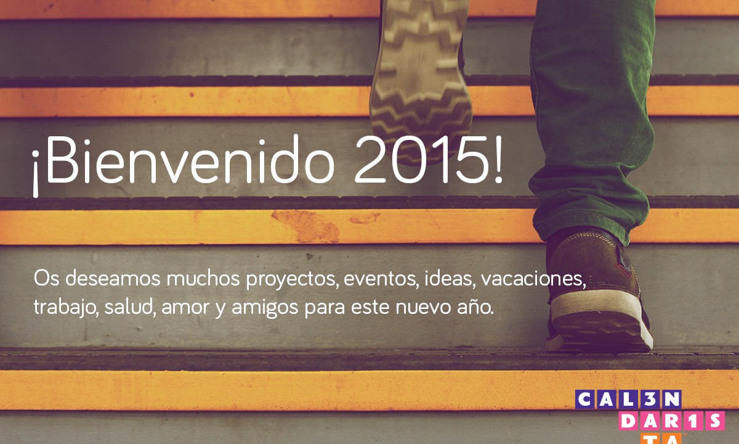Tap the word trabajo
(x=66, y=307)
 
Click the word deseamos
(x=113, y=279)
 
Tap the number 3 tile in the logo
(x=650, y=400)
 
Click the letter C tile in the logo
(x=585, y=400)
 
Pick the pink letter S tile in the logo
(x=715, y=421)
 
